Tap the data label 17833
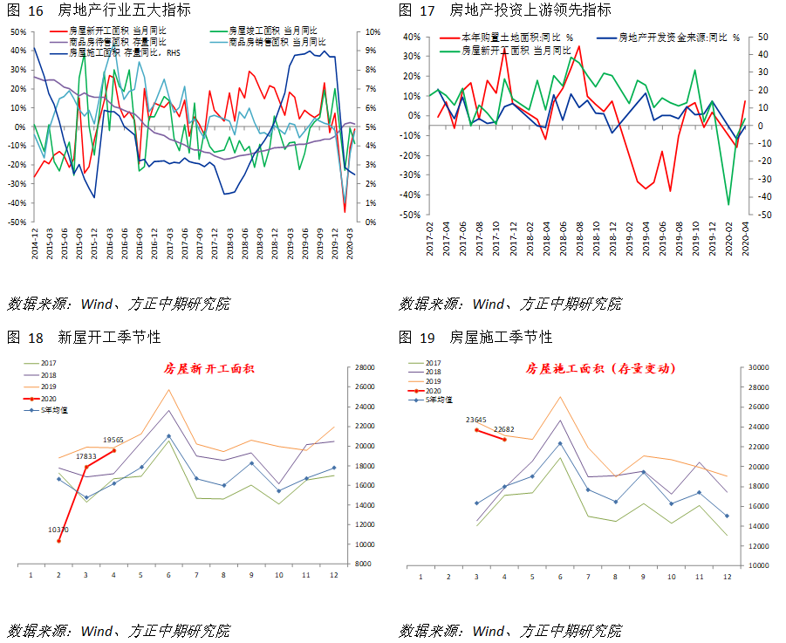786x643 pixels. pos(85,455)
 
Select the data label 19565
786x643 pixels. pos(114,440)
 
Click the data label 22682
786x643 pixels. pos(504,428)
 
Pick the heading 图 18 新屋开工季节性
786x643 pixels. pos(84,337)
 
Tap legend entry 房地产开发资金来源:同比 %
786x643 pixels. pos(678,38)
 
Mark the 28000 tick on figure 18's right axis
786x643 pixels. pos(365,367)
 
